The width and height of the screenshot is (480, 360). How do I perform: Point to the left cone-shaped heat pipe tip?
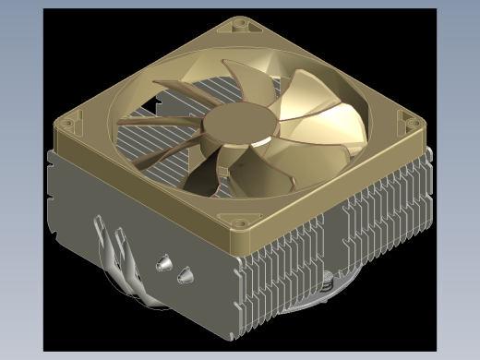pyautogui.click(x=164, y=264)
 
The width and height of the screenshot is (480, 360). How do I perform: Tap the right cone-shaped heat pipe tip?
pyautogui.click(x=186, y=273)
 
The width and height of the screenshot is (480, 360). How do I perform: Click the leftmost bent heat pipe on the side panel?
pyautogui.click(x=102, y=249)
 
